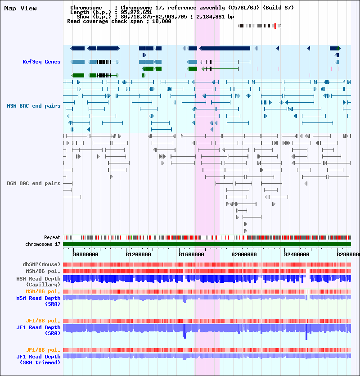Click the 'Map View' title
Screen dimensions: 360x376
point(20,9)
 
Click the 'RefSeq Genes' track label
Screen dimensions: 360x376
point(41,62)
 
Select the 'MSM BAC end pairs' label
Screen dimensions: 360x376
point(34,106)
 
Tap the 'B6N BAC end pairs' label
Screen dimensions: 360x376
point(34,183)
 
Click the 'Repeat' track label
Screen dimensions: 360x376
point(52,237)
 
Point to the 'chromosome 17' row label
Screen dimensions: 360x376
point(43,244)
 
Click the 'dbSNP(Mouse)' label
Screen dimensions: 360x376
point(41,264)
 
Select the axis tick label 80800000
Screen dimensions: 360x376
point(85,254)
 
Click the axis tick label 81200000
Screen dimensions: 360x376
point(138,254)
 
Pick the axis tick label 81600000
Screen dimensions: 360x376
point(191,254)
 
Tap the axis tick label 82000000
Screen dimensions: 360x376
point(244,254)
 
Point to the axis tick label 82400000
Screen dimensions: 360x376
point(297,254)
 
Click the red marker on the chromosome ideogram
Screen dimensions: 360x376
point(275,26)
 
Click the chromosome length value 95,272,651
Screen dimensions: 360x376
point(136,12)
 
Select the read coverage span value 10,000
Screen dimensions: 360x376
point(162,21)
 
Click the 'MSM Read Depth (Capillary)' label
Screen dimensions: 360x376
point(38,281)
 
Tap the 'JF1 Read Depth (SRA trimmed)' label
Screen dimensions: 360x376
point(38,359)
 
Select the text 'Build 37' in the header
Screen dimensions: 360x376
point(278,8)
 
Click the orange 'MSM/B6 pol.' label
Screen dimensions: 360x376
point(43,291)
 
